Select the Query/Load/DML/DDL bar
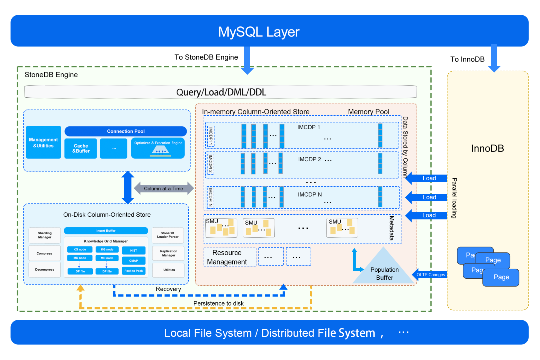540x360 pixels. pos(221,92)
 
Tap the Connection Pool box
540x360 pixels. pos(126,131)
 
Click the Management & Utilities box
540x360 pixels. pos(43,143)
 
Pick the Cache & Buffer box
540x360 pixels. pos(81,148)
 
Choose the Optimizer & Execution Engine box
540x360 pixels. pos(158,148)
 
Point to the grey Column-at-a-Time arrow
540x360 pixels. pos(163,188)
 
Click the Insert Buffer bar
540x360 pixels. pos(106,231)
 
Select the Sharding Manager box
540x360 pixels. pos(44,235)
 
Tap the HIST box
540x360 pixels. pos(134,250)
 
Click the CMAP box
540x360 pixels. pos(134,260)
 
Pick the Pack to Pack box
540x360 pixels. pos(134,271)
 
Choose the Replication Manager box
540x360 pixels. pos(169,253)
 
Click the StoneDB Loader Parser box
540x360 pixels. pos(169,234)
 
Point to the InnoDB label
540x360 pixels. pos(487,149)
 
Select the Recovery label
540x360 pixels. pos(168,289)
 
